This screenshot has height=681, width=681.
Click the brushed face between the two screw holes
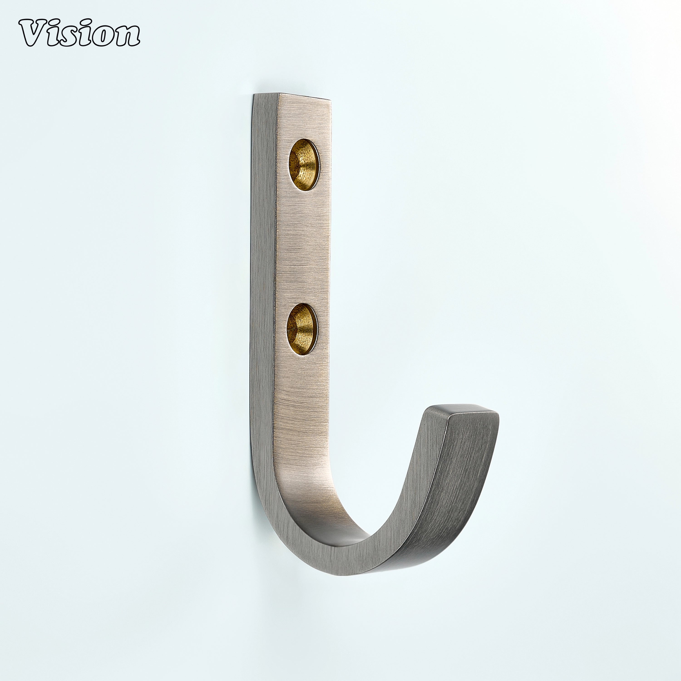(303, 247)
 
